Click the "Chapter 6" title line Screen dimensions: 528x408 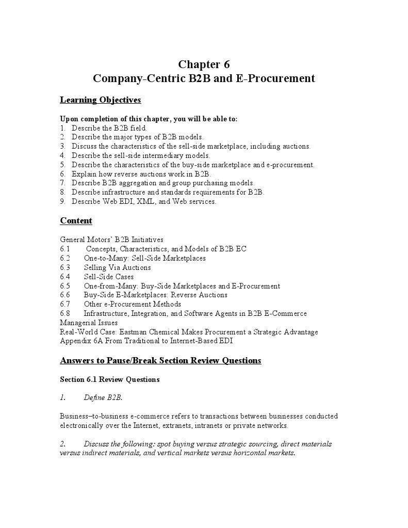coord(204,65)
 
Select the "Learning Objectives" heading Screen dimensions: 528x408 coord(101,100)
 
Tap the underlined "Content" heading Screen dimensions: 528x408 coord(76,221)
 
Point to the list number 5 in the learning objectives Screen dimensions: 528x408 coord(62,165)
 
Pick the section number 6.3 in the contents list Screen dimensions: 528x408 coord(65,267)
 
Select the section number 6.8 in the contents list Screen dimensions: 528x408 coord(65,313)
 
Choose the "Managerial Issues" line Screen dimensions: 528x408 coord(89,323)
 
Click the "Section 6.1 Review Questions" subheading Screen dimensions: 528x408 coord(110,379)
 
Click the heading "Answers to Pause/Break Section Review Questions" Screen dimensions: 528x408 coord(160,360)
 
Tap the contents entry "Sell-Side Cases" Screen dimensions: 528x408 coord(109,277)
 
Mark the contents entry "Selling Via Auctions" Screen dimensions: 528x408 coord(117,267)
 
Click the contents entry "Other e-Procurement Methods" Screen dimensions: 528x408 coord(132,304)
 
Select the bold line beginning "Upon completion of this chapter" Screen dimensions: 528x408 coord(149,119)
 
